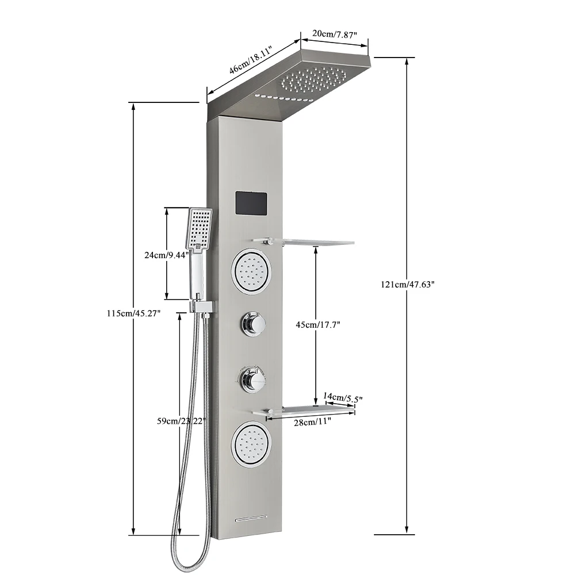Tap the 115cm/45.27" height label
tap(133, 313)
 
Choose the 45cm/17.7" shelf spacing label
tap(318, 325)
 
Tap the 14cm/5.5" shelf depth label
tap(343, 397)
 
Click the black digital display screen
tap(252, 203)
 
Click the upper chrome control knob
tap(253, 325)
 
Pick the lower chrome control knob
tap(251, 379)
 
